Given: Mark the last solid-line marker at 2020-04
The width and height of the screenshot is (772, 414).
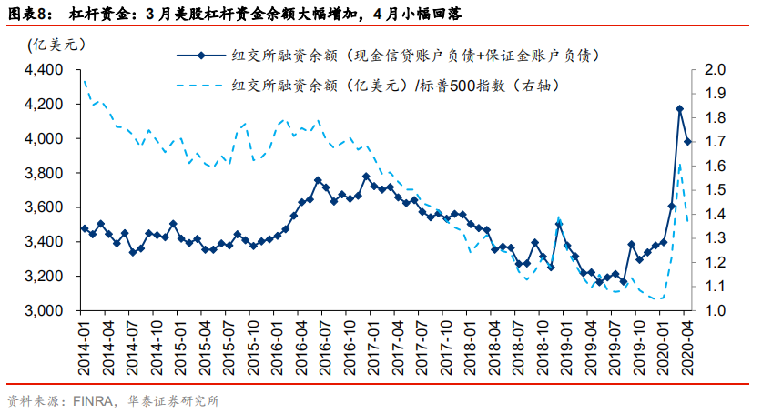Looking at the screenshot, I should [x=687, y=141].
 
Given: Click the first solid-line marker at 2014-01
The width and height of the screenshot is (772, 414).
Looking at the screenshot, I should [x=84, y=228].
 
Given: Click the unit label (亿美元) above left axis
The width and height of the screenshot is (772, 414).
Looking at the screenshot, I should [x=53, y=45].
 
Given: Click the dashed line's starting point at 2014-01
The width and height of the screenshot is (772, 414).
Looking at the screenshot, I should [x=84, y=79].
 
